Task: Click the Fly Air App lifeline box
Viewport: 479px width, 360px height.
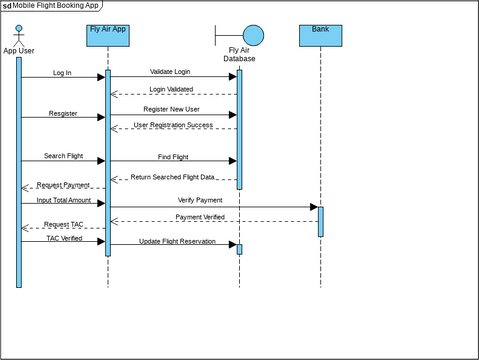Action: click(x=107, y=35)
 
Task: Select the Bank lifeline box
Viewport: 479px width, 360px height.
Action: click(x=320, y=35)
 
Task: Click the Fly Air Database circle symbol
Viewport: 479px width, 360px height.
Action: click(x=253, y=35)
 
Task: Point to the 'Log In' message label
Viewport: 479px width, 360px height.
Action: click(x=61, y=72)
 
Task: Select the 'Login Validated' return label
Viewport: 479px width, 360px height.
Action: click(x=172, y=89)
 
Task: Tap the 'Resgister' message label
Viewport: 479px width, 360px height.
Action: click(x=62, y=113)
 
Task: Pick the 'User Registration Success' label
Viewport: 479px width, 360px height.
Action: click(x=173, y=124)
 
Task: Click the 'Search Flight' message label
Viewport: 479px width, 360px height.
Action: click(x=63, y=156)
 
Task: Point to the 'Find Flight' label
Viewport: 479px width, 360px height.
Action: click(x=172, y=156)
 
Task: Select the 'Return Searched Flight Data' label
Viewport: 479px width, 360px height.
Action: click(x=173, y=177)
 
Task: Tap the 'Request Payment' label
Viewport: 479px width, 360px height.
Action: click(x=63, y=185)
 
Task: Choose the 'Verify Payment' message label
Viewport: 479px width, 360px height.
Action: click(x=200, y=200)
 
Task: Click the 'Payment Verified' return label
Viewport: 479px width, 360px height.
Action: click(x=200, y=217)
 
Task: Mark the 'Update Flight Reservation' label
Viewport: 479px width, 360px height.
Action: click(x=177, y=241)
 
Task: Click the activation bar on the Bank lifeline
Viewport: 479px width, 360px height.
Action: click(x=320, y=221)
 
